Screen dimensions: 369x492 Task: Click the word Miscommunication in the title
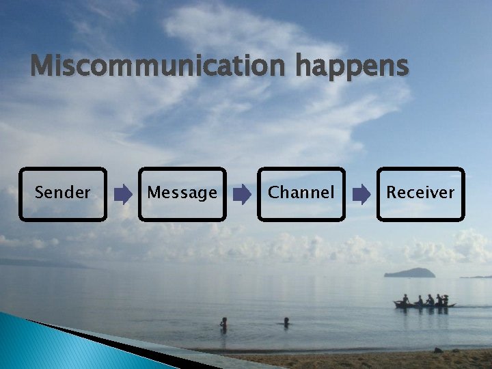(x=161, y=67)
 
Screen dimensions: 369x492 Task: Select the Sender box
(x=63, y=194)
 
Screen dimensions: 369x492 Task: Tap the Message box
(x=182, y=194)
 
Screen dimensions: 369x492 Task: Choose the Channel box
(x=301, y=194)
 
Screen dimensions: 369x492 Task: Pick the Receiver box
(x=420, y=194)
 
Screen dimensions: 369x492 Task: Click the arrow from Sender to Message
(x=123, y=195)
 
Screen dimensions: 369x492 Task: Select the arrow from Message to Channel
(x=242, y=195)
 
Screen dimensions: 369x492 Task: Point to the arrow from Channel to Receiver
(x=361, y=195)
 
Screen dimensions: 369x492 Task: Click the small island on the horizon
(x=409, y=273)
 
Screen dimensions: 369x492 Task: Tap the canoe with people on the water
(x=424, y=303)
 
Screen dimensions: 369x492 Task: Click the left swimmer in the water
(x=223, y=323)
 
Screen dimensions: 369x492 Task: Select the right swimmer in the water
(x=286, y=320)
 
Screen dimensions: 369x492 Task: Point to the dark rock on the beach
(x=438, y=351)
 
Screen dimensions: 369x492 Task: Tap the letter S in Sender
(x=40, y=193)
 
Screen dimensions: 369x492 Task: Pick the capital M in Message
(x=154, y=193)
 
